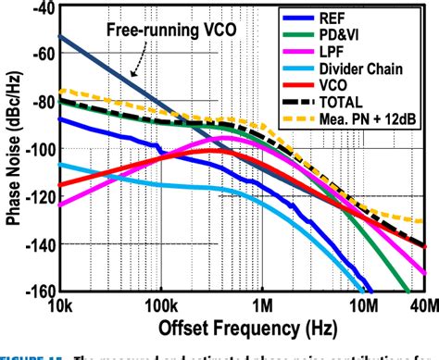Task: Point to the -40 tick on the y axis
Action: pos(40,8)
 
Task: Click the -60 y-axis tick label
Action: pos(40,55)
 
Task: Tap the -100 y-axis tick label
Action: pos(37,149)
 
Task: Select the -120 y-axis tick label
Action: pos(37,196)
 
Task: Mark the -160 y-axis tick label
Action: pos(37,290)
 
